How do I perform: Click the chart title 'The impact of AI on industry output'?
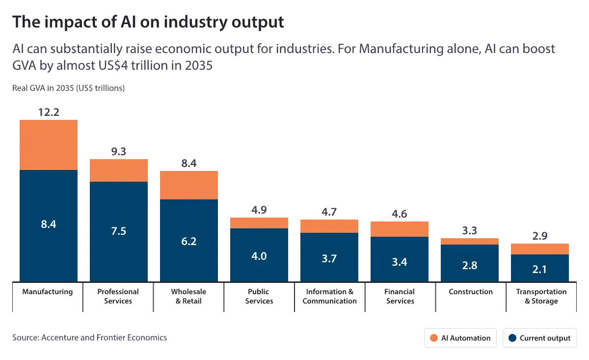click(148, 22)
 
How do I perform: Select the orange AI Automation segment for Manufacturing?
click(49, 145)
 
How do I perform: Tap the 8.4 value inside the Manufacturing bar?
click(49, 224)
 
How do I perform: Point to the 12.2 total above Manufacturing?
click(49, 112)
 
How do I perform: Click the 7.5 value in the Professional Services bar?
click(119, 231)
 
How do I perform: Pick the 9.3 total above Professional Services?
click(119, 152)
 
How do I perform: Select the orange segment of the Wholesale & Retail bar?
click(189, 185)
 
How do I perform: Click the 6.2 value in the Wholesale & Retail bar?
click(189, 241)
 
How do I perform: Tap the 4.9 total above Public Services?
click(259, 210)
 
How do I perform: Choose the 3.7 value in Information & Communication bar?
click(329, 258)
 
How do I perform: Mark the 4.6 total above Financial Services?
click(400, 214)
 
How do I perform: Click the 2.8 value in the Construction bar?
click(470, 265)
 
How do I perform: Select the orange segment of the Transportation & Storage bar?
click(540, 249)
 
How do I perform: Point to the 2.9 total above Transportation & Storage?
click(540, 236)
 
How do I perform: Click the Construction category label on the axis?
click(471, 292)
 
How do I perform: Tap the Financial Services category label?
click(400, 296)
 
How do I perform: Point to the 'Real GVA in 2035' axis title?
click(69, 88)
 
